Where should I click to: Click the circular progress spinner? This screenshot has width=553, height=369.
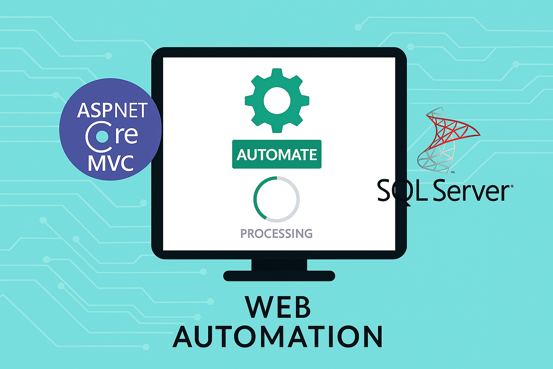click(x=276, y=199)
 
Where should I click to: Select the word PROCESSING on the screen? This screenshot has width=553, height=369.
click(x=276, y=234)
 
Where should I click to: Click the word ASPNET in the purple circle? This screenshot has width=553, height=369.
click(x=112, y=110)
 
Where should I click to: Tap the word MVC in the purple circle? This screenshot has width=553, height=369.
click(x=111, y=163)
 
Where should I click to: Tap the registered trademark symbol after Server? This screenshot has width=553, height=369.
click(x=512, y=186)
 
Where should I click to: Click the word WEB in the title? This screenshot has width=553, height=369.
click(x=278, y=307)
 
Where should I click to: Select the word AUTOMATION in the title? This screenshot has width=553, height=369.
click(x=278, y=337)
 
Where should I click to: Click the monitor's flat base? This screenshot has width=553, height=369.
click(x=279, y=276)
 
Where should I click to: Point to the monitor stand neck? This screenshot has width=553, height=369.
click(x=279, y=264)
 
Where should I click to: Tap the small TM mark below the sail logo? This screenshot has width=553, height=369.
click(x=453, y=172)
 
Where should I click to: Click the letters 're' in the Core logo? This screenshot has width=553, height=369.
click(x=126, y=135)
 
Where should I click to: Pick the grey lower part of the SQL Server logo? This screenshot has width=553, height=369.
click(x=434, y=159)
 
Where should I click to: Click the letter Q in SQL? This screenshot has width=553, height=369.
click(x=402, y=191)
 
